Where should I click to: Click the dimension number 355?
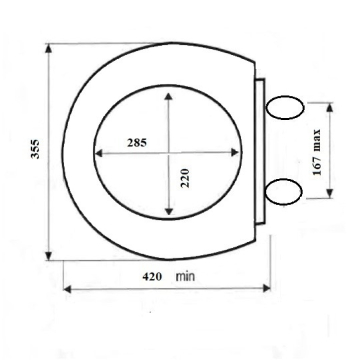35,149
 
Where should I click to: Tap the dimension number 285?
137,143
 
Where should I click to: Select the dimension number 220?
185,178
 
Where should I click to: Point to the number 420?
152,277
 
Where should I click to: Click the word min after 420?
185,276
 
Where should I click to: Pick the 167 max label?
317,152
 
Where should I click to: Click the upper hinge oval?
285,107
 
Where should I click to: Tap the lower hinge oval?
284,192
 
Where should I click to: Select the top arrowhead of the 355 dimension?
49,48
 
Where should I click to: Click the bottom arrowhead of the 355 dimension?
49,256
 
